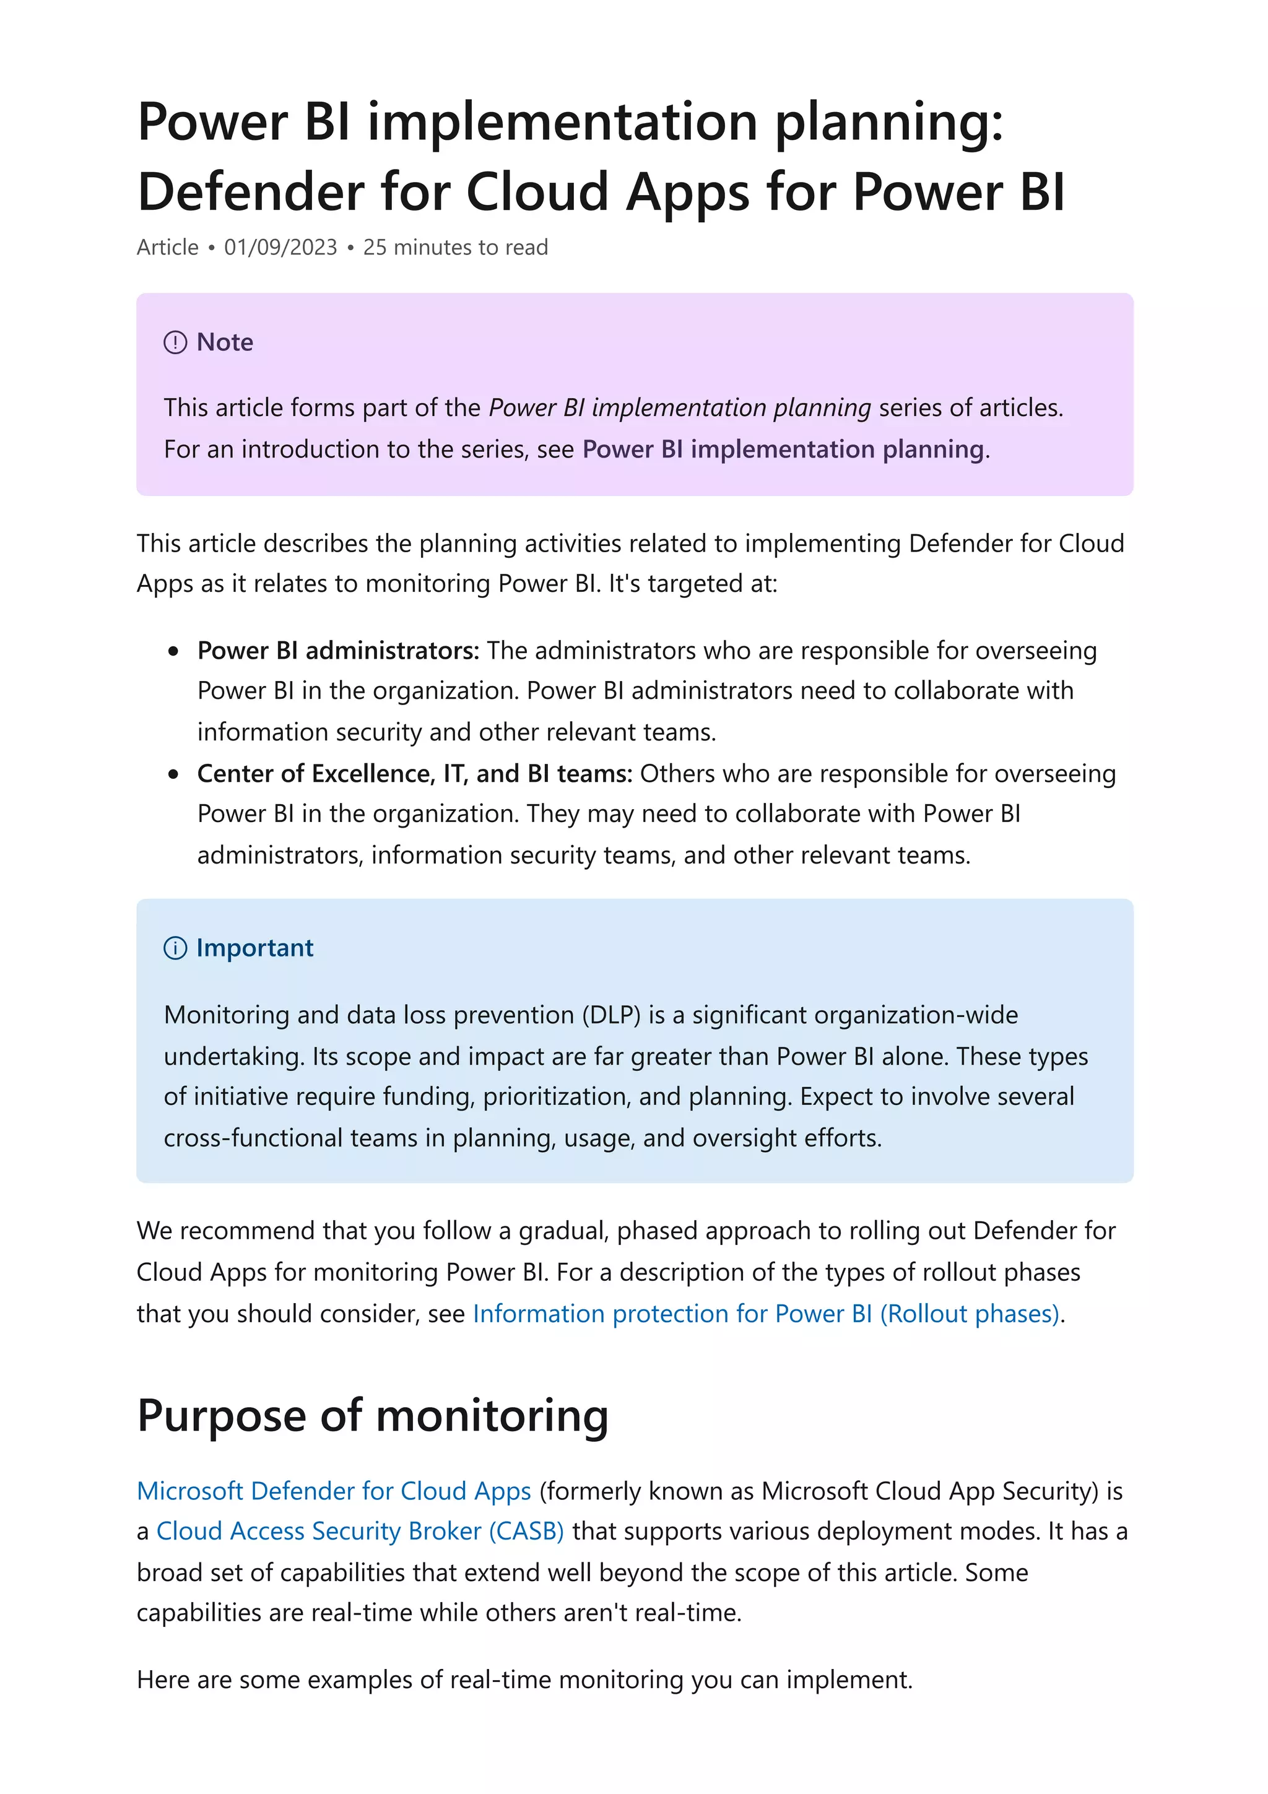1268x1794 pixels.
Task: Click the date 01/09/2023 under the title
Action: pos(280,247)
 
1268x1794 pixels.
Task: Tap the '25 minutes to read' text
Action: pos(456,247)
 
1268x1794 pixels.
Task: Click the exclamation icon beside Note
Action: pos(175,342)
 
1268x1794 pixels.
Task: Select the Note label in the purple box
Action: pos(225,342)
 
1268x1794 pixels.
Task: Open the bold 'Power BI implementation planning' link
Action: pos(783,449)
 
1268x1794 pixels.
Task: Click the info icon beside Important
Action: pos(175,948)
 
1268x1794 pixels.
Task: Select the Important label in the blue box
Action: pos(254,948)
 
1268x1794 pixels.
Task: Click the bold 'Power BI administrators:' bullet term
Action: pos(337,650)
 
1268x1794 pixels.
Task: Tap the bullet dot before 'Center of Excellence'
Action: pos(173,774)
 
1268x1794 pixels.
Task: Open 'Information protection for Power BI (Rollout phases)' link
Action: pos(766,1314)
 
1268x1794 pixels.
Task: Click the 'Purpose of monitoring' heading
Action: pos(373,1415)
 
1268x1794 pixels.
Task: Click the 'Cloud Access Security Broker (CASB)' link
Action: pos(359,1531)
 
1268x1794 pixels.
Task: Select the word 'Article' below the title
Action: pos(168,247)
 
